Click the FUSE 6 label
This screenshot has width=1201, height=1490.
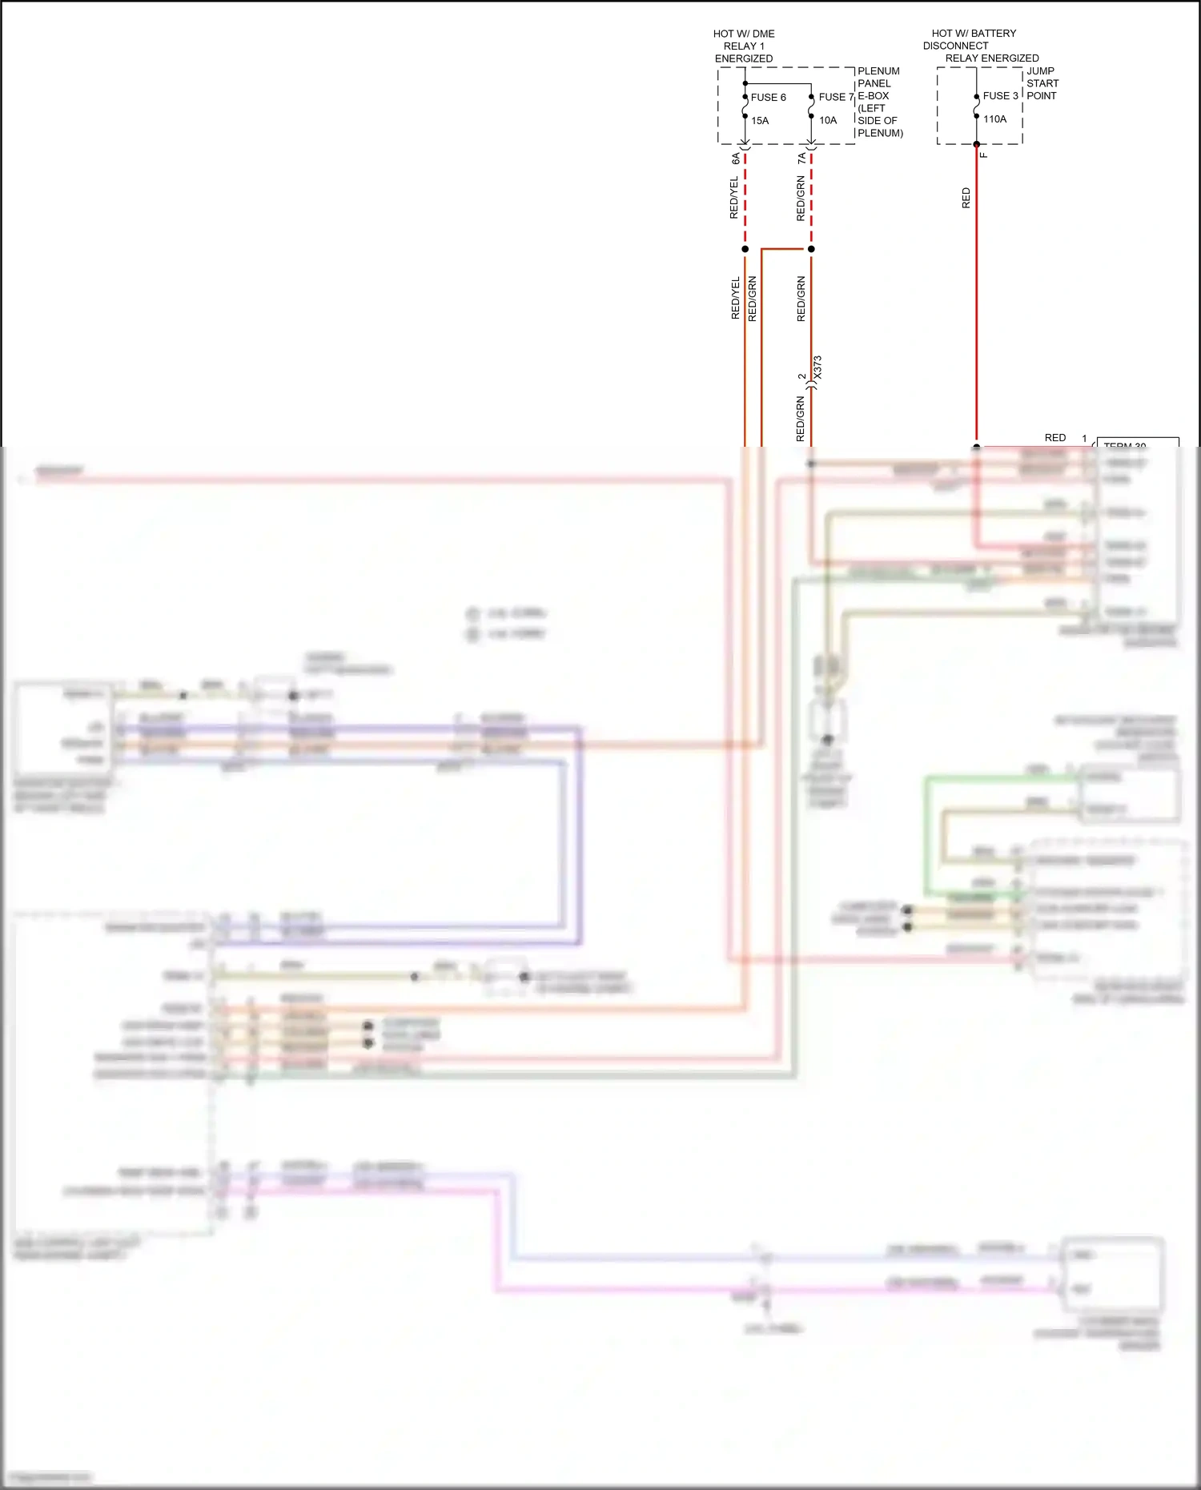click(x=768, y=98)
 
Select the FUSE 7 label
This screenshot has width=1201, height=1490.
click(x=836, y=97)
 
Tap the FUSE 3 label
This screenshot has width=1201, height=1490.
click(x=1000, y=96)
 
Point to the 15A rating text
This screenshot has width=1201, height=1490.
click(x=760, y=121)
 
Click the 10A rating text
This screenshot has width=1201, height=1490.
click(x=827, y=121)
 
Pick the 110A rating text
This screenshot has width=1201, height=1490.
click(x=994, y=119)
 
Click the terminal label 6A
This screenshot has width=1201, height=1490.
click(x=736, y=159)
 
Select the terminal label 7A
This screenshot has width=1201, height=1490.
click(x=801, y=159)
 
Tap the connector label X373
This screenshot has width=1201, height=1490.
click(x=817, y=367)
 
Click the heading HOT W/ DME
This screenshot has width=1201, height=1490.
click(x=744, y=34)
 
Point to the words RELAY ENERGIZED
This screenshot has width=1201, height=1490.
click(x=991, y=58)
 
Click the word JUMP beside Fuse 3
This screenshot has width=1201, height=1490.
click(x=1040, y=71)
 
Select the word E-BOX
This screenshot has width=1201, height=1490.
click(x=873, y=96)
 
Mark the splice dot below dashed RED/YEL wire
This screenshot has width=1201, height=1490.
click(x=745, y=249)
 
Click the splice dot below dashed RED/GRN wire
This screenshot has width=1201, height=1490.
click(x=811, y=249)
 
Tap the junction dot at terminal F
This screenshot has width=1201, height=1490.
click(x=976, y=145)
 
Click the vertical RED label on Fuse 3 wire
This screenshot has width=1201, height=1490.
click(x=966, y=198)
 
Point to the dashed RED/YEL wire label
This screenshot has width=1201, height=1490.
click(x=734, y=198)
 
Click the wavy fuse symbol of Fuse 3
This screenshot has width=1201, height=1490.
click(x=976, y=106)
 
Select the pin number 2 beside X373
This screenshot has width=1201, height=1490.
click(x=801, y=376)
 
